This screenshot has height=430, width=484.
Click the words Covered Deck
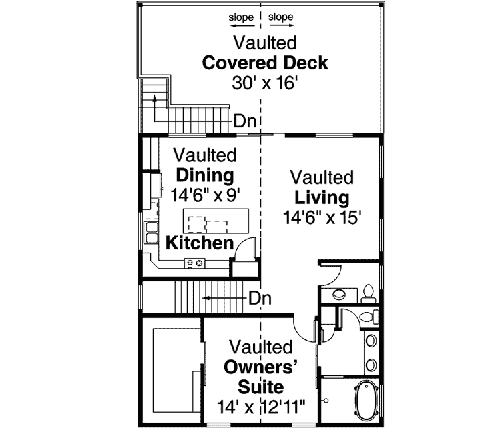click(x=264, y=63)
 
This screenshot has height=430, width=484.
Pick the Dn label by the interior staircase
click(x=260, y=298)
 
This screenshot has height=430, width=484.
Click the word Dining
click(x=204, y=176)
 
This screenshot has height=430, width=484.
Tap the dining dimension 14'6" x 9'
click(x=205, y=195)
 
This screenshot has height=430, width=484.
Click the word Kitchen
click(x=199, y=243)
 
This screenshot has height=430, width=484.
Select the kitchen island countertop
click(x=216, y=219)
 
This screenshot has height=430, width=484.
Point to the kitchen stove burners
click(x=194, y=263)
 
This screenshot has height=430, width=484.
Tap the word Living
click(x=322, y=198)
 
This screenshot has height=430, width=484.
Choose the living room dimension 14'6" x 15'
click(x=322, y=217)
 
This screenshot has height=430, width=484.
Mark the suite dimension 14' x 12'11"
click(x=261, y=406)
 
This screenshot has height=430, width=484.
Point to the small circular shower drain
click(x=327, y=400)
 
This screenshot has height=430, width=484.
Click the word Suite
click(x=261, y=387)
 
